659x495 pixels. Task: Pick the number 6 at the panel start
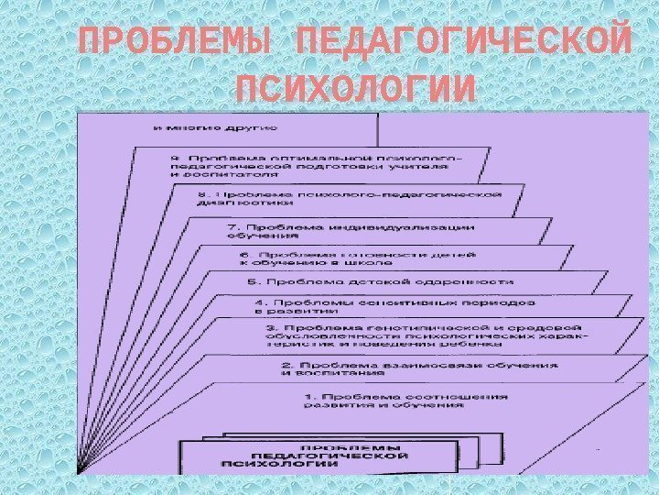(x=243, y=254)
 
